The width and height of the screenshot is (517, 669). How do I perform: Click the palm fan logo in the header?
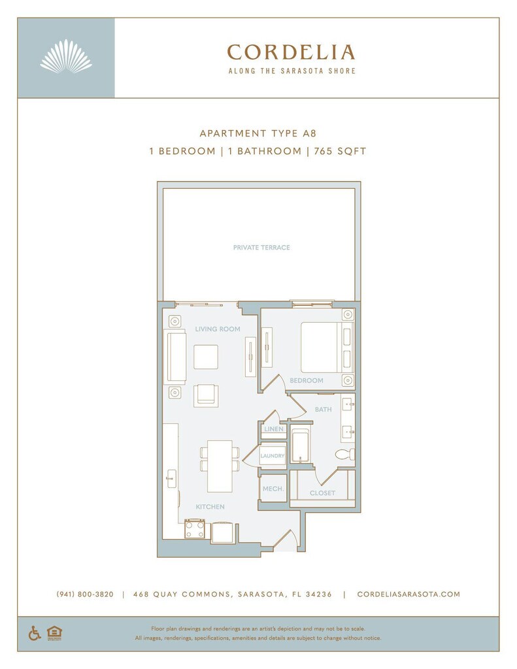(66, 56)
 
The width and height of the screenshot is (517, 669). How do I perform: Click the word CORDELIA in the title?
(291, 52)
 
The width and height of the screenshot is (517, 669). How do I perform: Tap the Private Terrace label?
(261, 248)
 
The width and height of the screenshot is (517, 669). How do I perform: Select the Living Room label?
(218, 329)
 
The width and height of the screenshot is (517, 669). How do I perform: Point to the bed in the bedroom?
(323, 348)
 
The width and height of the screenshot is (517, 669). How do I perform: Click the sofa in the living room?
(176, 356)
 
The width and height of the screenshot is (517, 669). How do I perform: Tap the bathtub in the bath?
(301, 447)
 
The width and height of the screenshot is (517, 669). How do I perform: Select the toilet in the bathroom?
(344, 454)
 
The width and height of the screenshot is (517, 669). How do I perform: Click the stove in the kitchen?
(195, 529)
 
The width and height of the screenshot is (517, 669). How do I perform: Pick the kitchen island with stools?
(220, 466)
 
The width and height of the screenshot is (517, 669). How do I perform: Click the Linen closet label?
(273, 429)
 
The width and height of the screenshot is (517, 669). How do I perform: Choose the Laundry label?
(273, 456)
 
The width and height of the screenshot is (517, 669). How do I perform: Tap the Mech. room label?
(273, 489)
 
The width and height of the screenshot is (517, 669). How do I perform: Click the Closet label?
(322, 493)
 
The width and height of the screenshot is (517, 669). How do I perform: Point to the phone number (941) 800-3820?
(85, 595)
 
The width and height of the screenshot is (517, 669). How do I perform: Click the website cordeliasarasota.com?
(409, 595)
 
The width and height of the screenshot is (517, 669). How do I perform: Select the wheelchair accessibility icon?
(35, 633)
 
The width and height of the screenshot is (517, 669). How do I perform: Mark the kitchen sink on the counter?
(171, 478)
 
